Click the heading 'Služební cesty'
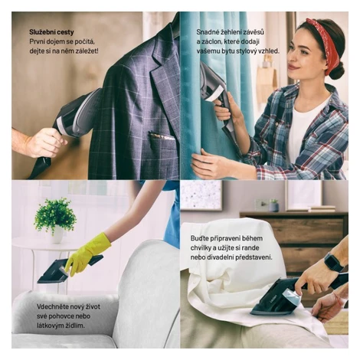coord(51,32)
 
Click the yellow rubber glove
coord(87,254)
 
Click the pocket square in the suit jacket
coord(162,135)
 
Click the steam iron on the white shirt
coord(278,296)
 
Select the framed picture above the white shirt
coord(201,195)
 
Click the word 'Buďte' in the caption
coord(200,238)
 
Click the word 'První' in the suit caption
coord(37,41)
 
